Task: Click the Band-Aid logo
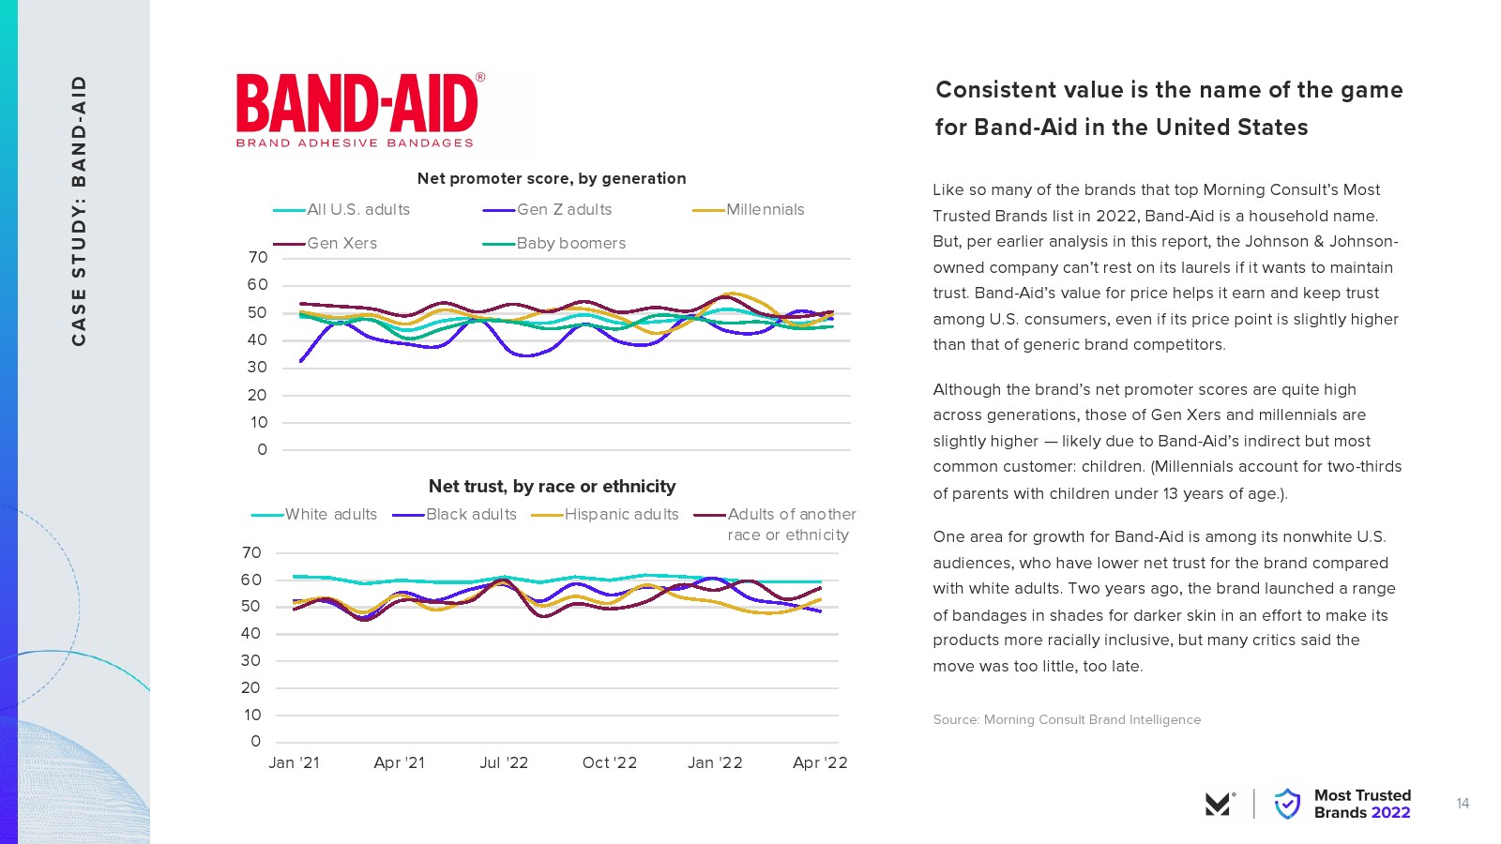click(x=359, y=111)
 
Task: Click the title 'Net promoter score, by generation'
click(x=552, y=178)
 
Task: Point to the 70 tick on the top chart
click(x=258, y=258)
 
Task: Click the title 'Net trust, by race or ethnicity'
click(x=552, y=486)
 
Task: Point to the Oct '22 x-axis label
click(x=610, y=763)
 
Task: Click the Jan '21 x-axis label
click(x=294, y=763)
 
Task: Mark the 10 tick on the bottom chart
click(x=252, y=715)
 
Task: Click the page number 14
click(x=1463, y=804)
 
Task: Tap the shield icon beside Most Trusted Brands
click(x=1287, y=804)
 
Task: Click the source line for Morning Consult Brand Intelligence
click(x=1067, y=719)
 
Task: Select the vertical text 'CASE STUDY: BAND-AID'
click(x=79, y=210)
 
